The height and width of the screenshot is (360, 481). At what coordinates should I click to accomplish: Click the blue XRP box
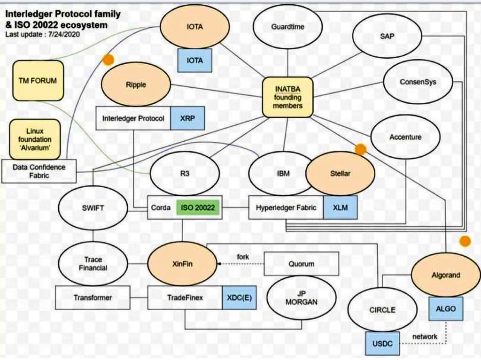[187, 118]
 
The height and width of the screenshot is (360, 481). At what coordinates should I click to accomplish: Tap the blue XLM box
[340, 207]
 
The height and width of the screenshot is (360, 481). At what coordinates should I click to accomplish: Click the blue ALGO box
[446, 309]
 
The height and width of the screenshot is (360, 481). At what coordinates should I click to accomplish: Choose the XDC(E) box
[239, 298]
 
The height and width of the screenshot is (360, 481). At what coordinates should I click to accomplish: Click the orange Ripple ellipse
[136, 85]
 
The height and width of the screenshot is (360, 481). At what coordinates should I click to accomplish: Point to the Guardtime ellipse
[287, 27]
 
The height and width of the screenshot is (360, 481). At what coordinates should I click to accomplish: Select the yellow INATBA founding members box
[287, 97]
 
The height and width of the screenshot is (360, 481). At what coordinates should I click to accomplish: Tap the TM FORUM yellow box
[38, 80]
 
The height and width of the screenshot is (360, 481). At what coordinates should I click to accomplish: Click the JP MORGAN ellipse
[301, 298]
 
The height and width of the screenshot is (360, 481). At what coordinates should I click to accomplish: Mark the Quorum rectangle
[301, 264]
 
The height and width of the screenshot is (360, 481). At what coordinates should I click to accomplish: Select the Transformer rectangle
[93, 298]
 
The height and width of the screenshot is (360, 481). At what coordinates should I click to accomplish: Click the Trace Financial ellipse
[93, 264]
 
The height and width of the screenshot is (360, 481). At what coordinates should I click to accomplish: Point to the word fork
[243, 257]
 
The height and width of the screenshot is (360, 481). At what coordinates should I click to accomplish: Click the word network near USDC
[425, 337]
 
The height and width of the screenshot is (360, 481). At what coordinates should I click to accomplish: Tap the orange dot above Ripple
[109, 59]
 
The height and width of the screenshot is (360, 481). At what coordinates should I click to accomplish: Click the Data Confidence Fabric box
[39, 171]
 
